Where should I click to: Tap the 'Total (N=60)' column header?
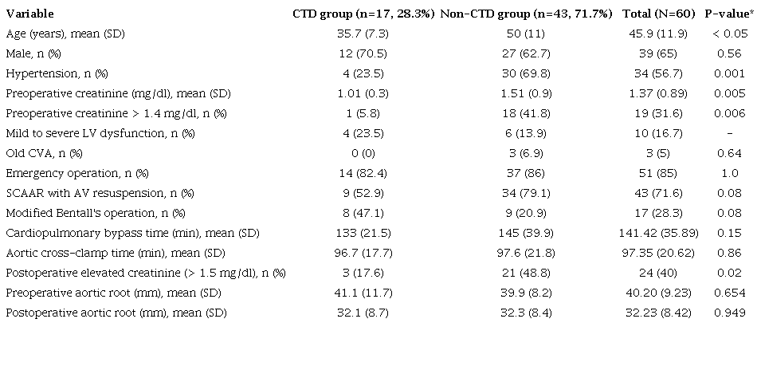tap(659, 14)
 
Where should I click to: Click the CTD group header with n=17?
tap(363, 14)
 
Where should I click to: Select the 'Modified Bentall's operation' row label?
tap(95, 213)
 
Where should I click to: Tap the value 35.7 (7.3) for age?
tap(363, 33)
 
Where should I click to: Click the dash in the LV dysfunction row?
tap(730, 133)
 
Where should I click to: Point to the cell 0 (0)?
tap(363, 153)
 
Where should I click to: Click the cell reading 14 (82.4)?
tap(363, 173)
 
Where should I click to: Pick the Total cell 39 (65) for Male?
tap(659, 53)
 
